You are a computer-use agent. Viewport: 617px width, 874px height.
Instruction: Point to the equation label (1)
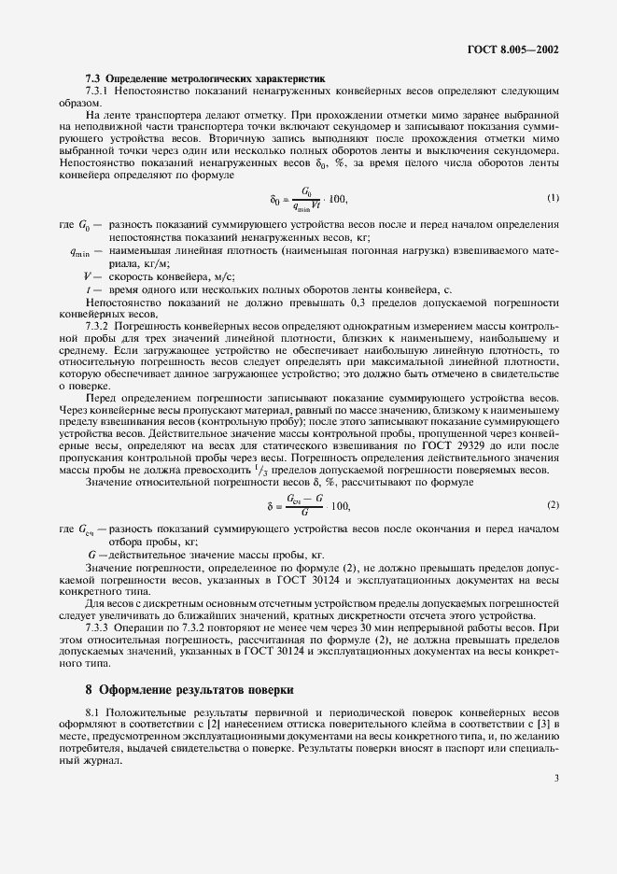tap(553, 197)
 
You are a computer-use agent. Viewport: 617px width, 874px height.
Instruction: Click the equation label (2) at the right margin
tap(553, 505)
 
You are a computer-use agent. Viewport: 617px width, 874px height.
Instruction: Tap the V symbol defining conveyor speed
tap(87, 276)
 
